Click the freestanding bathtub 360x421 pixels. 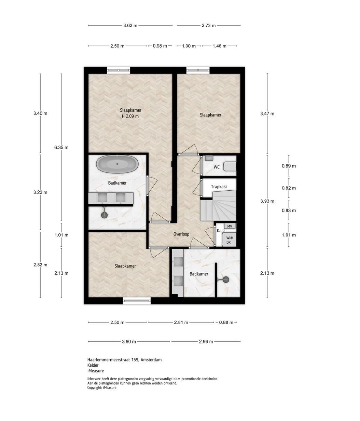(117, 164)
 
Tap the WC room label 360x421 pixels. (217, 167)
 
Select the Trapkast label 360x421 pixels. (219, 187)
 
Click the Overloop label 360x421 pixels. (181, 234)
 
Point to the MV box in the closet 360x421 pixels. (230, 226)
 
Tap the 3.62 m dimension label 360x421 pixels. (130, 26)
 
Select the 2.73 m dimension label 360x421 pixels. (209, 26)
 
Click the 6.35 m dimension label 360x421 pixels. (61, 147)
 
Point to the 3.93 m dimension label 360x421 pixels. (267, 201)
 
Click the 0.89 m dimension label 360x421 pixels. (289, 166)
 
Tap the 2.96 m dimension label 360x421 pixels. (206, 341)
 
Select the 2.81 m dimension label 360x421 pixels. (181, 322)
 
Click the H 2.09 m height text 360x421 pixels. (130, 116)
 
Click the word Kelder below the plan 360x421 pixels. (93, 365)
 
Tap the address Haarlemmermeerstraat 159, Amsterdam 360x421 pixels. (124, 360)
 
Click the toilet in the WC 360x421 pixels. (230, 166)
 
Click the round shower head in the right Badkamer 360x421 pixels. (226, 280)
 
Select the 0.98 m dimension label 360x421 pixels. (160, 46)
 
